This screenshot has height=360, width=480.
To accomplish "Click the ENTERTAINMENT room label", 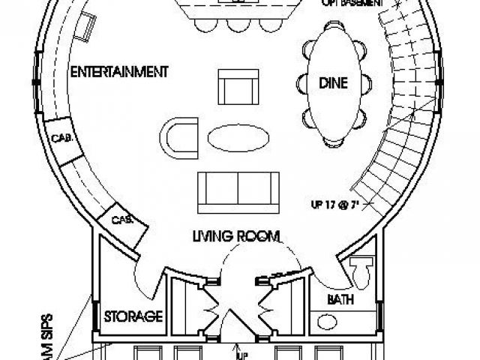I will (117, 72).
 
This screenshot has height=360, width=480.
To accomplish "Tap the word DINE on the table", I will (334, 83).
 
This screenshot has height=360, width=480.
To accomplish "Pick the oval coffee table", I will (235, 138).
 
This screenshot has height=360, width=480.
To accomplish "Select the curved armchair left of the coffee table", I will (180, 136).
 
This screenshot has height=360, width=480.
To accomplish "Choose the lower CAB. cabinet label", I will (120, 220).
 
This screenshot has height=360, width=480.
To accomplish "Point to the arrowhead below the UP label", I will (237, 346).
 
